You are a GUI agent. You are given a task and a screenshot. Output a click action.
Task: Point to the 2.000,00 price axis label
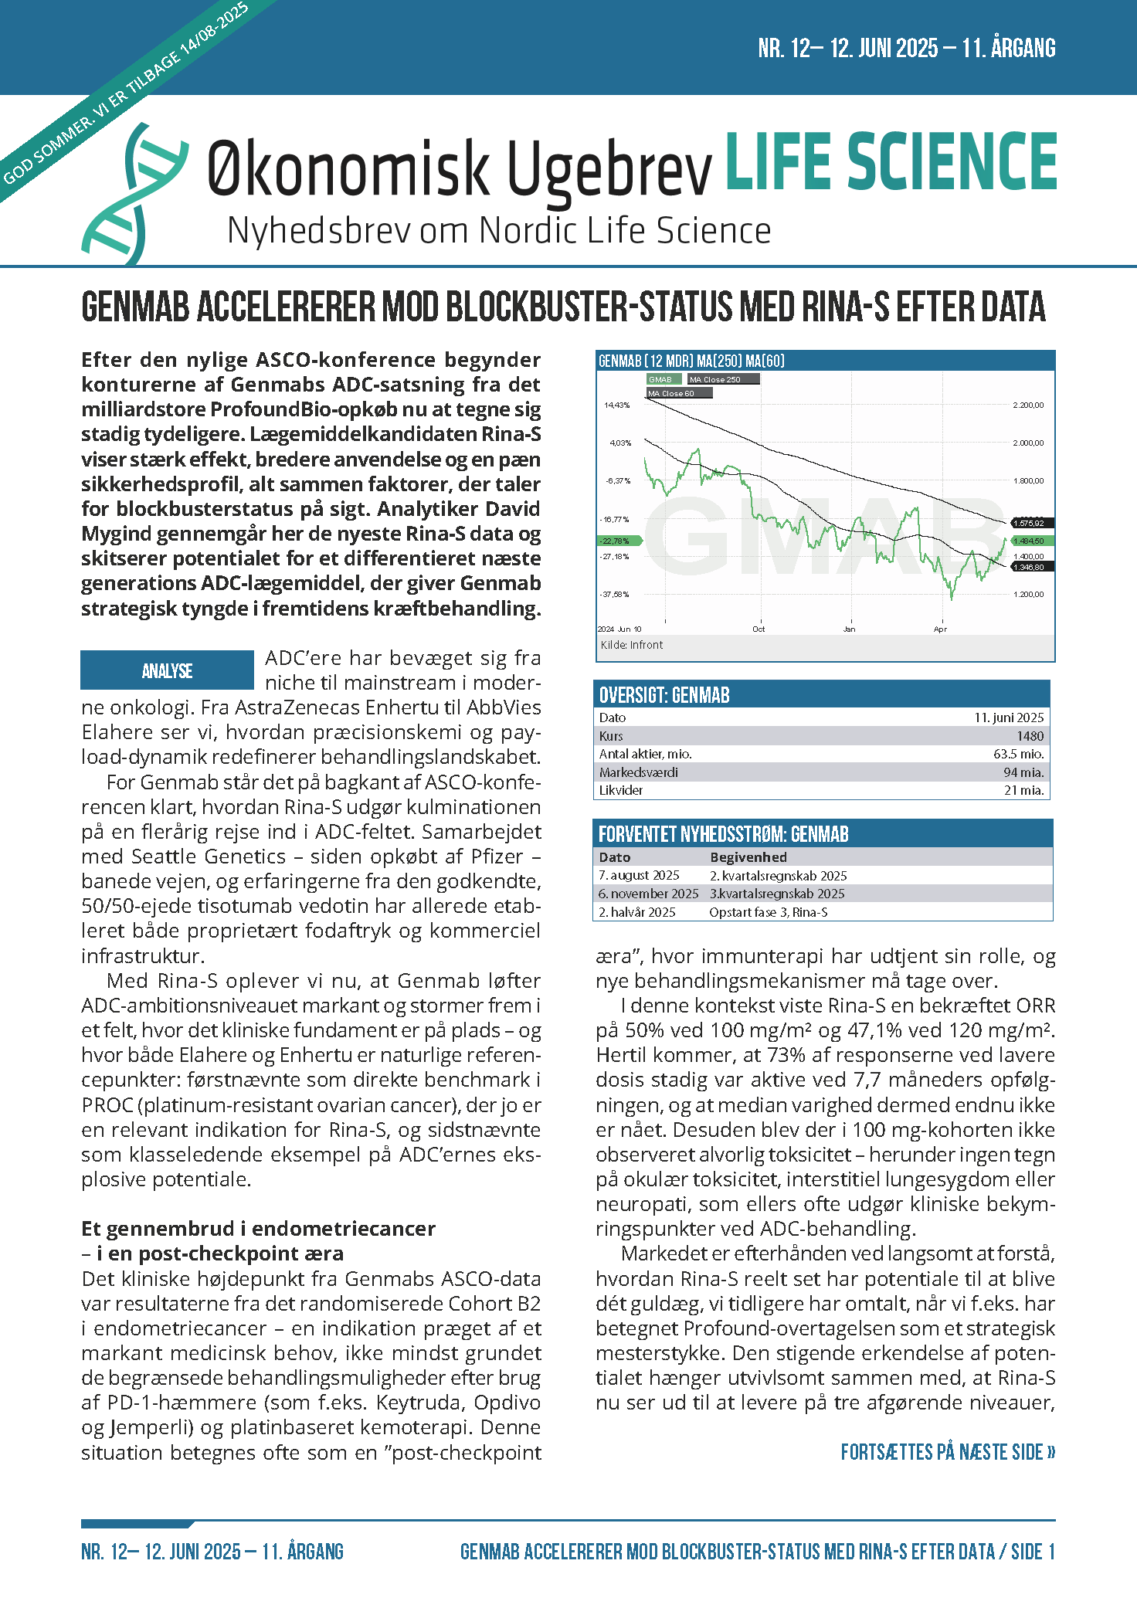[x=1028, y=443]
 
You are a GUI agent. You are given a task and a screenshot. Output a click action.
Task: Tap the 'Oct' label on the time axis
[x=759, y=629]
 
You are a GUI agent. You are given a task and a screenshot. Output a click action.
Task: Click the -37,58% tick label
[x=615, y=595]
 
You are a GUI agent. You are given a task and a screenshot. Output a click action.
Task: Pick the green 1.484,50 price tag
[x=1029, y=541]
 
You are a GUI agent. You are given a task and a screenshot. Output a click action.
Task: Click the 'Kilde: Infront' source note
[x=631, y=645]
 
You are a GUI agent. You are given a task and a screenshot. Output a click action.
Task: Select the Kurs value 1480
[x=1030, y=736]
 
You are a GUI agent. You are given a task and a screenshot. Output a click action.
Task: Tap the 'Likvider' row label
[x=621, y=790]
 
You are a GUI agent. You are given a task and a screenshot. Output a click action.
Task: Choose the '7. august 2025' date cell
[x=639, y=876]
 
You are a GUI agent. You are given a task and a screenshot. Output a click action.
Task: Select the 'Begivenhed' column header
[x=748, y=857]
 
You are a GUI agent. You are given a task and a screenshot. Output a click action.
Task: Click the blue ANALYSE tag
[x=168, y=670]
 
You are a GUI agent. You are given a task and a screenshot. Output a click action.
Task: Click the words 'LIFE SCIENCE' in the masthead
[x=891, y=161]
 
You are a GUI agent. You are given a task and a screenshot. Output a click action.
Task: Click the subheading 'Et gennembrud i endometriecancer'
[x=259, y=1229]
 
